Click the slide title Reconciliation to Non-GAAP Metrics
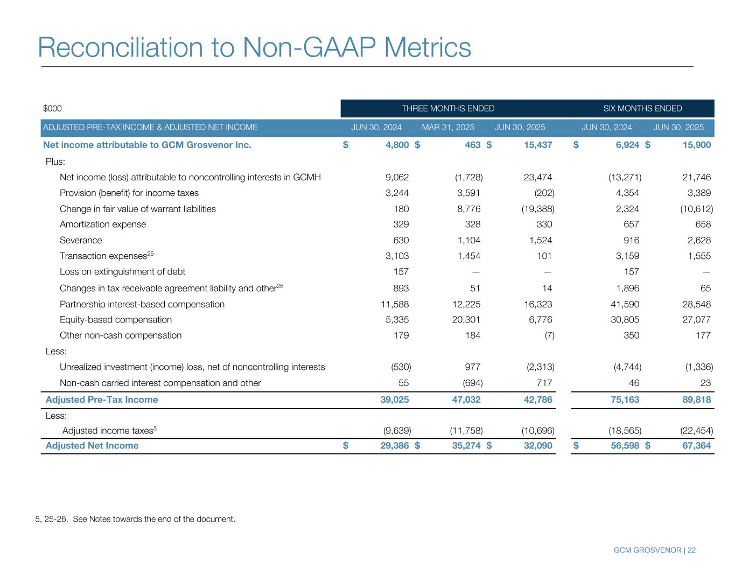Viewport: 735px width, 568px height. tap(254, 47)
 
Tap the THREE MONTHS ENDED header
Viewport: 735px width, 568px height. tap(447, 109)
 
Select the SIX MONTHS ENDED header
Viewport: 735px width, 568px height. tap(642, 109)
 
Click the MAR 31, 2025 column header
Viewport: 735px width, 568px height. tap(448, 128)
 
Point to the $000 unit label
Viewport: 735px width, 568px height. tap(52, 109)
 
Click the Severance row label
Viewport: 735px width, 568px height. tap(81, 241)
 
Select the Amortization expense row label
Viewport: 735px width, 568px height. tap(103, 225)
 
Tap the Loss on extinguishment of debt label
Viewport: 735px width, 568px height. tap(122, 272)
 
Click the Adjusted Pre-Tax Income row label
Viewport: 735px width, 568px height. tap(102, 399)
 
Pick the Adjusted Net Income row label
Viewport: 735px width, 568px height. tap(92, 446)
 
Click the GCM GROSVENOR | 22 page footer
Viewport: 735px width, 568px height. tap(654, 550)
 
